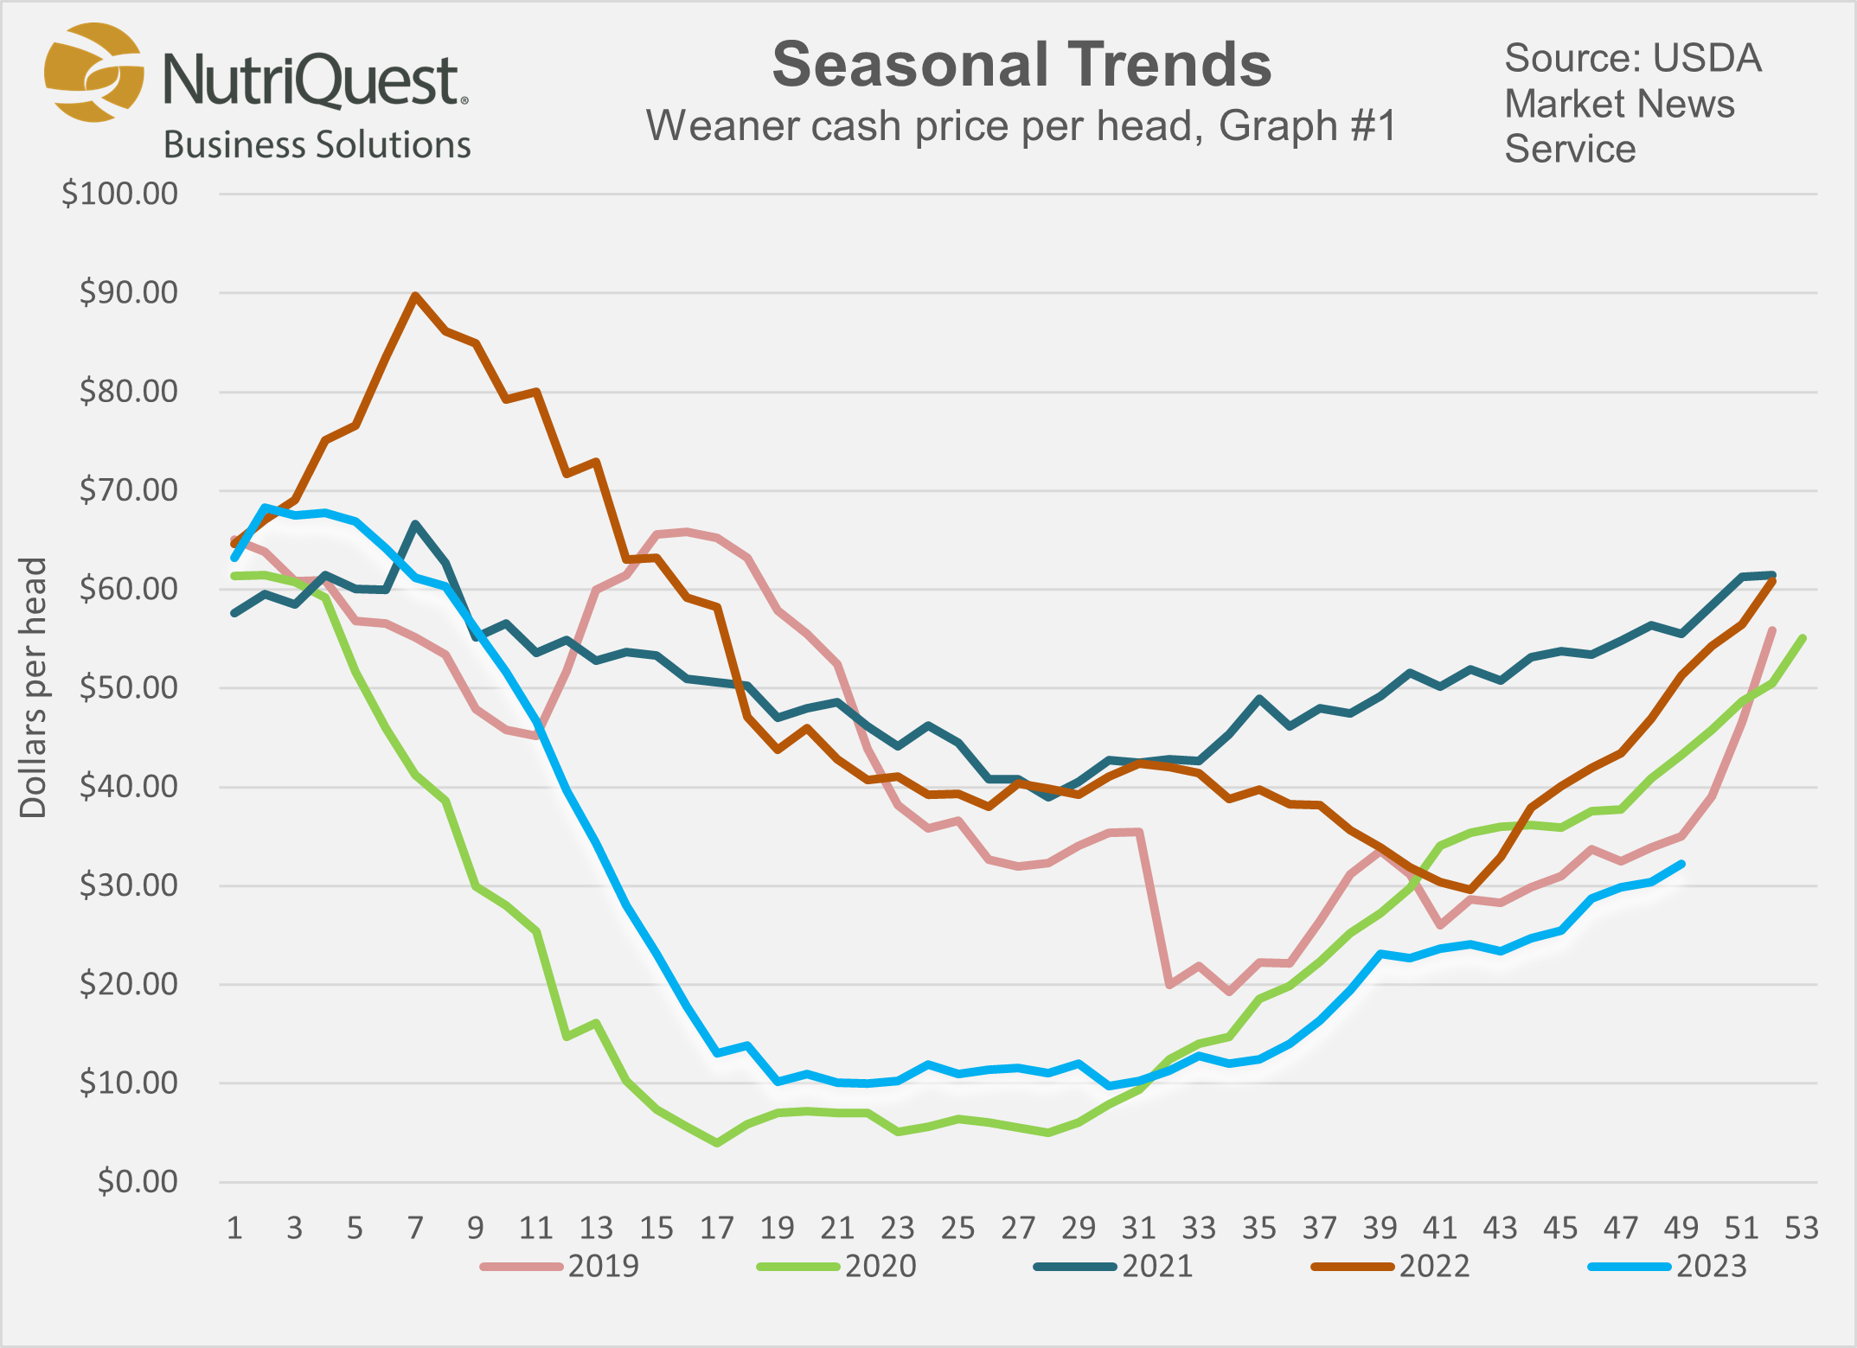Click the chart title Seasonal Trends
(x=1021, y=66)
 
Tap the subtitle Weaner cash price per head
(x=1021, y=126)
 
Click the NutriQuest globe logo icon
(x=93, y=73)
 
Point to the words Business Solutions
(x=317, y=145)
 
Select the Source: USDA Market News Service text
(x=1631, y=104)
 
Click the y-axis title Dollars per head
(x=33, y=687)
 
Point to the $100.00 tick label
(x=119, y=194)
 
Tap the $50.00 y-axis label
(x=128, y=688)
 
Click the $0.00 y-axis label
(x=137, y=1181)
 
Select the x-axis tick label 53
(x=1802, y=1228)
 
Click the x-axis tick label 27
(x=1018, y=1228)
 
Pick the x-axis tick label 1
(x=234, y=1228)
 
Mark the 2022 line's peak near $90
(x=415, y=296)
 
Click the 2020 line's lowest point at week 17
(x=717, y=1143)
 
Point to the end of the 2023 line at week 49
(x=1681, y=863)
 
